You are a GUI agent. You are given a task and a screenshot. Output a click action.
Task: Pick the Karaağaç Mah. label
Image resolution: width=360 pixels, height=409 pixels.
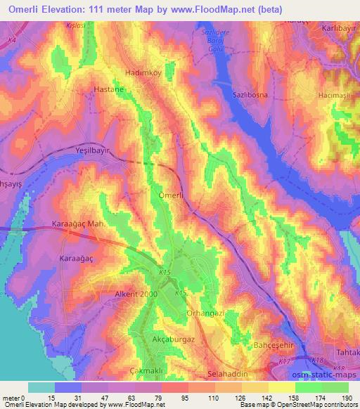[x=79, y=225]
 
